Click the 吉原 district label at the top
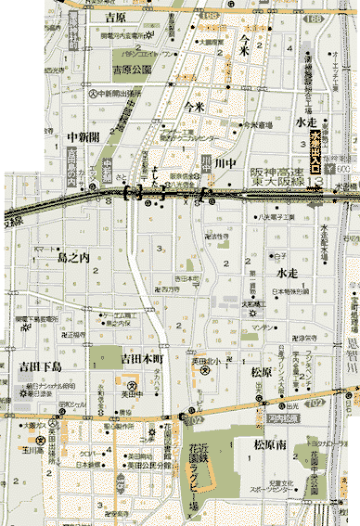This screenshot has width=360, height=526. click(x=117, y=17)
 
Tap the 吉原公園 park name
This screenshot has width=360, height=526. click(x=131, y=69)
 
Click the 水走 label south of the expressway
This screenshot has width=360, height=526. click(x=286, y=274)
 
